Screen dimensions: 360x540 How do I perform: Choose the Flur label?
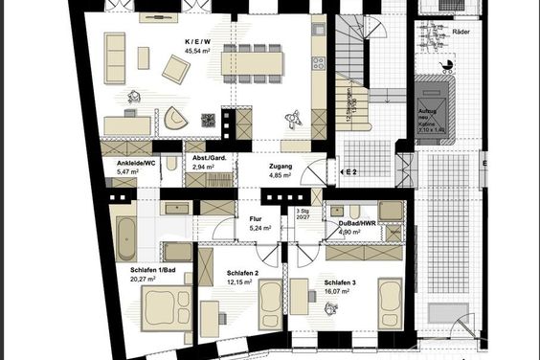tap(256, 219)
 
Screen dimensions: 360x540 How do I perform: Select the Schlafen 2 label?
tap(243, 274)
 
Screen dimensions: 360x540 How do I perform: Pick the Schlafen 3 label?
tap(341, 282)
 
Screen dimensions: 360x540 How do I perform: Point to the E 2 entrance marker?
tap(350, 172)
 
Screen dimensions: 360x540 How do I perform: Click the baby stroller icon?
tap(447, 65)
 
